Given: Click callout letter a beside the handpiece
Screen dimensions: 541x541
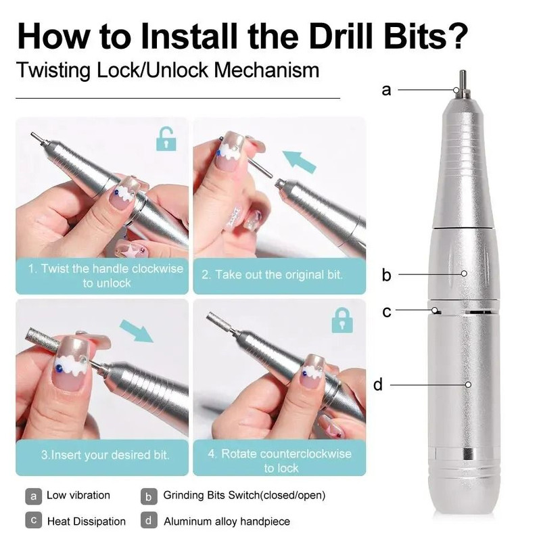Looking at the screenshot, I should pyautogui.click(x=386, y=89).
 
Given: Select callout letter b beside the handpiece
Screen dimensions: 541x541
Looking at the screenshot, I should pyautogui.click(x=386, y=275).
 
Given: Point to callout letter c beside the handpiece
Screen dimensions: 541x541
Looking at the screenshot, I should pyautogui.click(x=386, y=311).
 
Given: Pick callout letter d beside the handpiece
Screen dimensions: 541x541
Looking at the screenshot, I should pyautogui.click(x=378, y=385).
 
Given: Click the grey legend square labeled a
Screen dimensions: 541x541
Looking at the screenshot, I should pyautogui.click(x=32, y=496).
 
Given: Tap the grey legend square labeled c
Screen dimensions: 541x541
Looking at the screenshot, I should pyautogui.click(x=32, y=521).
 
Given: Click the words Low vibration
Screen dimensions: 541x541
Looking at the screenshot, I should pyautogui.click(x=78, y=496).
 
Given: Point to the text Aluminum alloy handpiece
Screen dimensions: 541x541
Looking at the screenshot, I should pyautogui.click(x=227, y=521).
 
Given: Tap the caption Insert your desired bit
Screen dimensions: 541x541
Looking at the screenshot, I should pyautogui.click(x=105, y=454).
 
